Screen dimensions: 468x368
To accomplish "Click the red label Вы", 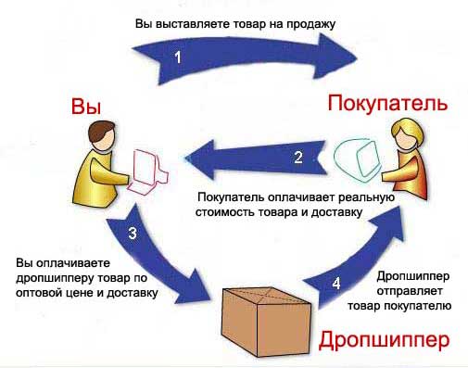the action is pyautogui.click(x=86, y=108).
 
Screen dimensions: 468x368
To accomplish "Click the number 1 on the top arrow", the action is pyautogui.click(x=181, y=57).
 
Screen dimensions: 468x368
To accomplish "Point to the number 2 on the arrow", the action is pyautogui.click(x=297, y=157).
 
